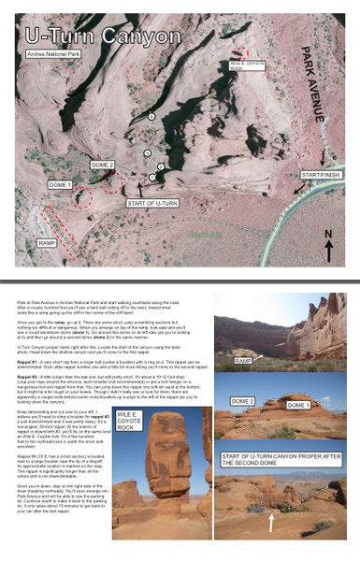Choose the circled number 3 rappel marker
coord(147,151)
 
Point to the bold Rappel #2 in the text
coord(26,394)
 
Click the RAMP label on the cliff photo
coord(242,359)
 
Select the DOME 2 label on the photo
coord(242,401)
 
